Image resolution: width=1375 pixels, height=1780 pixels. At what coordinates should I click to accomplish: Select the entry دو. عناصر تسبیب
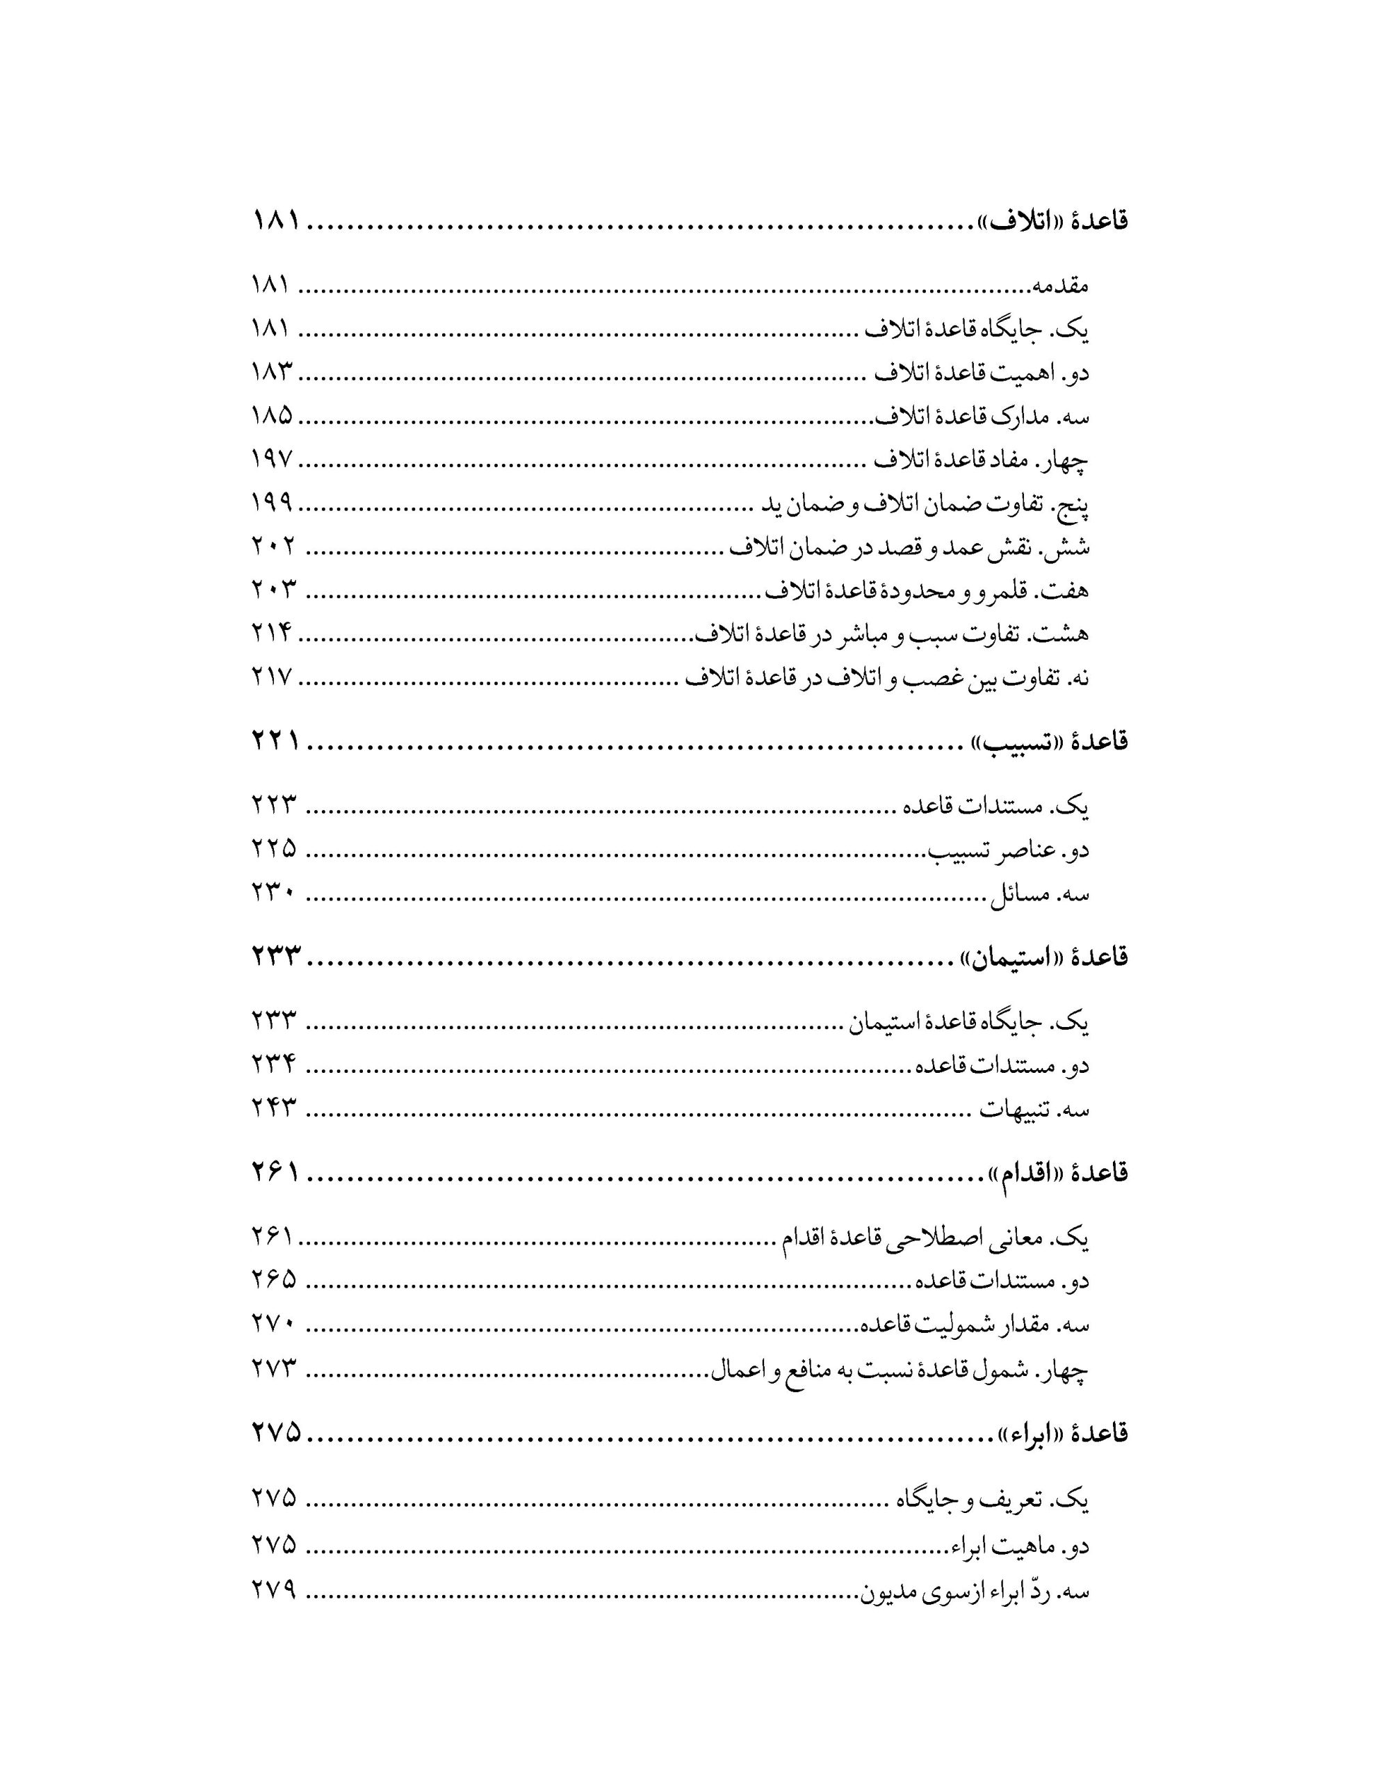pos(1011,850)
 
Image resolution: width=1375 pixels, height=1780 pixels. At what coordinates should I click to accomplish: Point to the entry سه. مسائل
pos(1039,894)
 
